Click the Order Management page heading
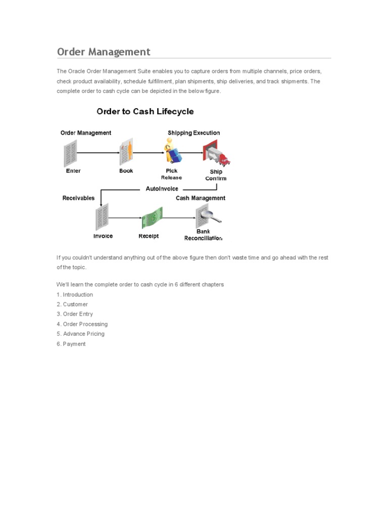pos(104,52)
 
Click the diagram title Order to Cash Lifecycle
pos(145,111)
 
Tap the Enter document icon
pos(70,154)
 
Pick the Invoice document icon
pos(102,217)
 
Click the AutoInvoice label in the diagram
pos(162,189)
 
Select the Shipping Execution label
pos(194,133)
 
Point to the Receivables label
pos(78,198)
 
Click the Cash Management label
pos(201,198)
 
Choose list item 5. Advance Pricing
pos(81,334)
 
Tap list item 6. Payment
pos(71,344)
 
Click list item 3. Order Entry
pos(75,314)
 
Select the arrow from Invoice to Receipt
pos(125,218)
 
